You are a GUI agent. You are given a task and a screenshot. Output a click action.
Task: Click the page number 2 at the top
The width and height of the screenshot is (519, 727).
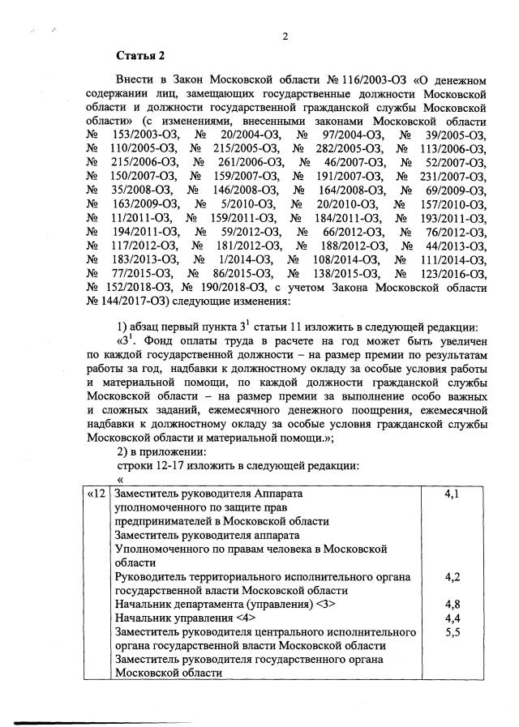point(285,36)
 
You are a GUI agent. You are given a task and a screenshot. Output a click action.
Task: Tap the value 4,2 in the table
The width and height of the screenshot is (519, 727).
point(454,576)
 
